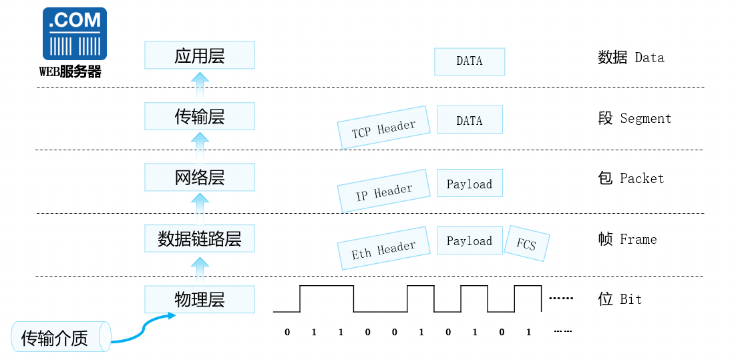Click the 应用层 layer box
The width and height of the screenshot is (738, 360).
pyautogui.click(x=199, y=55)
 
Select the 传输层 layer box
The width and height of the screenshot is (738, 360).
pyautogui.click(x=199, y=116)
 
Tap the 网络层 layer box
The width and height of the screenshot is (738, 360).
pyautogui.click(x=199, y=177)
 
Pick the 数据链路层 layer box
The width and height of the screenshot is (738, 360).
pyautogui.click(x=199, y=238)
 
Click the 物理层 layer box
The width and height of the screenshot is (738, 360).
pyautogui.click(x=199, y=299)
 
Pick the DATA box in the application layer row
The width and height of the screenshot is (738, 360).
pyautogui.click(x=469, y=61)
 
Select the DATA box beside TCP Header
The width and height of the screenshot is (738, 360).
pyautogui.click(x=469, y=121)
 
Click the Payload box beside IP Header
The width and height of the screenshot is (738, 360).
pyautogui.click(x=469, y=184)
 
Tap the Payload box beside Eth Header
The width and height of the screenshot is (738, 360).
pyautogui.click(x=469, y=240)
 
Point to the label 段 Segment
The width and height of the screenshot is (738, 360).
pyautogui.click(x=634, y=118)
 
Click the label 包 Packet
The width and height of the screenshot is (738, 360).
pyautogui.click(x=630, y=178)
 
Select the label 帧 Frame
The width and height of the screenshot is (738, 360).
pyautogui.click(x=627, y=239)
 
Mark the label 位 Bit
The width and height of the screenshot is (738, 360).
pyautogui.click(x=619, y=299)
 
